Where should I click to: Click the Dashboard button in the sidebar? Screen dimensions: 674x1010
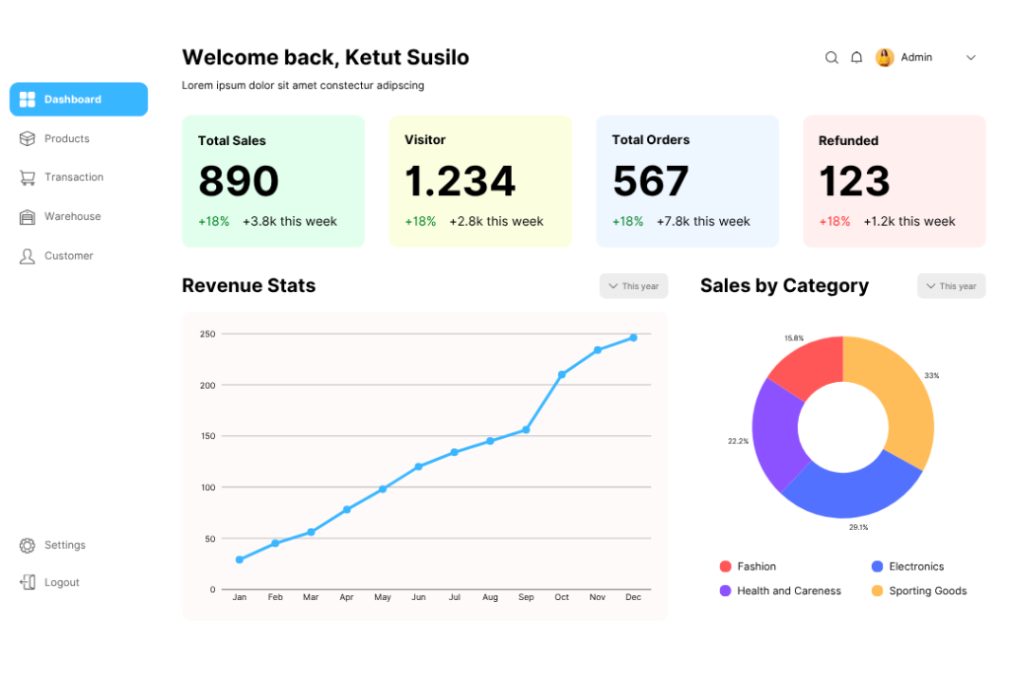pos(79,100)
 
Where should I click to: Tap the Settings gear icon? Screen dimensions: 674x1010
pos(28,546)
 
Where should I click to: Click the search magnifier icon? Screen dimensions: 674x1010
pos(831,58)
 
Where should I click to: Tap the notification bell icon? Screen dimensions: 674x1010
pos(857,58)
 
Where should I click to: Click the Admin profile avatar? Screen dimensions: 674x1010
pos(885,58)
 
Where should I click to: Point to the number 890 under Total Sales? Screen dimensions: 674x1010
pos(239,182)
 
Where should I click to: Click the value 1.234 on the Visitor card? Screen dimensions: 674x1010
pos(460,182)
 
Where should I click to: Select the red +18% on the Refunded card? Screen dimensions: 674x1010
pos(834,222)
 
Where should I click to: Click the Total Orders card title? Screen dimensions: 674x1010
pos(651,140)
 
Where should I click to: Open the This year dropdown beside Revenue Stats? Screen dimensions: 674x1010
pos(633,286)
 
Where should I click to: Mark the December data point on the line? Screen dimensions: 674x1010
pos(633,337)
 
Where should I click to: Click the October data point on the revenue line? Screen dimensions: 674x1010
pos(562,375)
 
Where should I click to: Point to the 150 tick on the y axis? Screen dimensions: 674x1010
pos(207,436)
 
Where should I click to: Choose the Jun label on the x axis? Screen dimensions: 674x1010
pos(418,598)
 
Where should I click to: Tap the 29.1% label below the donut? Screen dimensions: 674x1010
pos(858,528)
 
